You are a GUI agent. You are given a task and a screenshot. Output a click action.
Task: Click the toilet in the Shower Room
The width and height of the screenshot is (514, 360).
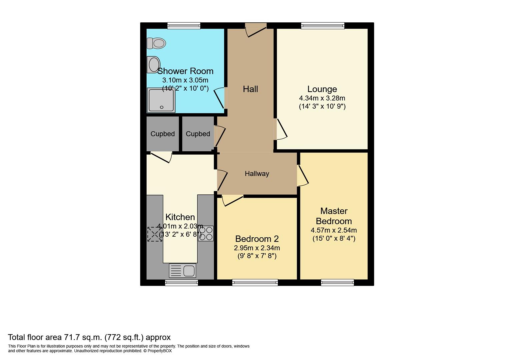tap(156, 43)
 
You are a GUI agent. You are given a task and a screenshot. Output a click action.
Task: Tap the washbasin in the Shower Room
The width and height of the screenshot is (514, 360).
tap(154, 64)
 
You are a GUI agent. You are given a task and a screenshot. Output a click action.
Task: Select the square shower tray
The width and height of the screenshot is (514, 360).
tap(161, 100)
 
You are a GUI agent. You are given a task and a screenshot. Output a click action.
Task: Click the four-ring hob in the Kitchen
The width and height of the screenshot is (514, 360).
tap(206, 233)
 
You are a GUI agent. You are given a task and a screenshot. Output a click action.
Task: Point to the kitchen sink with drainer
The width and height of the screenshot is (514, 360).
tap(182, 270)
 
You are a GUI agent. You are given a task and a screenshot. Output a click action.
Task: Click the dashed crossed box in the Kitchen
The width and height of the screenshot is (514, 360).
tap(154, 234)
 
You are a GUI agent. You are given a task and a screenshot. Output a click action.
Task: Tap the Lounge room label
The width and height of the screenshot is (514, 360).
tap(322, 89)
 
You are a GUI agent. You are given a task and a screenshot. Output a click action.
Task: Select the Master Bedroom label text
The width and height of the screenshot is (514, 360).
tap(334, 216)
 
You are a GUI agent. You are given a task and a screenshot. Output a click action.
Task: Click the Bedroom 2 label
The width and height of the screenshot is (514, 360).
tap(257, 239)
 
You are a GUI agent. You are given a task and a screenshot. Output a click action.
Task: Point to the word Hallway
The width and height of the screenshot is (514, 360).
tap(257, 174)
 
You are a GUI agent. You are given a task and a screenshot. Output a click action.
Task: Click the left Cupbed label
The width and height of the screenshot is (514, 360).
tap(163, 134)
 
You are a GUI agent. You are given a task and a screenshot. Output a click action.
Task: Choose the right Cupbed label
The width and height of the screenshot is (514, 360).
tap(198, 134)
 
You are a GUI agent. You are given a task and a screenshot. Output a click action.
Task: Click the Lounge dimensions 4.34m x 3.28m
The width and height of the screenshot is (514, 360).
tap(322, 98)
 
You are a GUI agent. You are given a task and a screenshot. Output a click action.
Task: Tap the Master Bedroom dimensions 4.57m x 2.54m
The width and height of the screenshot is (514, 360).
tap(334, 230)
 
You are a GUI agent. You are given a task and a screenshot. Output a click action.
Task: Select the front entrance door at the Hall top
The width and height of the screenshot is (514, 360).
tap(256, 29)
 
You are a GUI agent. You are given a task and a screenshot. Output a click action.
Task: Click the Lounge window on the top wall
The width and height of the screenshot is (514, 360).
tap(322, 26)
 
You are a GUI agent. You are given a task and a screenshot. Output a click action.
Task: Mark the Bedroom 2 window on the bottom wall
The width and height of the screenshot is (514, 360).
tap(255, 283)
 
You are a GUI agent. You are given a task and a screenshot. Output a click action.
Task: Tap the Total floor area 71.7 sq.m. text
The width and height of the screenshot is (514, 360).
tap(89, 337)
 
